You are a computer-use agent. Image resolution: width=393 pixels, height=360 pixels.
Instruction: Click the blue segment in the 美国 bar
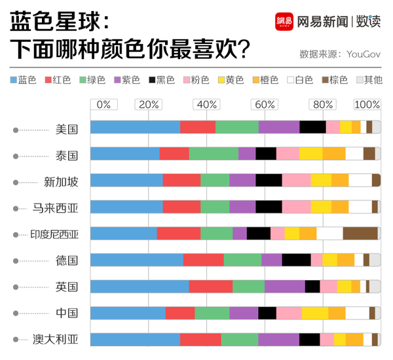click(135, 127)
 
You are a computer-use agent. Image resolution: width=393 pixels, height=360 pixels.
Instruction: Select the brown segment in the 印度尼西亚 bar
click(360, 233)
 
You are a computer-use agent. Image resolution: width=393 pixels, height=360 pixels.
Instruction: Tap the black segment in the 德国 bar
click(296, 260)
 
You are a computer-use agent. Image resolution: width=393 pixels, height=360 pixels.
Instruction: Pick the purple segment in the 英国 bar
click(284, 286)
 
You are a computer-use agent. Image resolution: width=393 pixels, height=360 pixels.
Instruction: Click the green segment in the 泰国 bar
click(214, 153)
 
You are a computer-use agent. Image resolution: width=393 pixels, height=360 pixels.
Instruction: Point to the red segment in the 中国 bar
click(180, 313)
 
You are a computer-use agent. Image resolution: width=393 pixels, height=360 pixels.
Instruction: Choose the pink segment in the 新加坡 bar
click(296, 180)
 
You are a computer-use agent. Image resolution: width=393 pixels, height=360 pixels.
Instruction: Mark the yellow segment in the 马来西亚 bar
click(321, 207)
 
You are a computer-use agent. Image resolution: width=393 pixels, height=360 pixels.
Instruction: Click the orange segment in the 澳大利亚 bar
click(354, 339)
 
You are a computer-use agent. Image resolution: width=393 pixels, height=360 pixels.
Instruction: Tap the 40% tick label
click(207, 105)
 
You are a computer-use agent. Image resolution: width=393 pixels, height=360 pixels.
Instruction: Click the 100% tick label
click(367, 105)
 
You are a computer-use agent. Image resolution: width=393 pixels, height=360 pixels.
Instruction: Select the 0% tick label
click(103, 105)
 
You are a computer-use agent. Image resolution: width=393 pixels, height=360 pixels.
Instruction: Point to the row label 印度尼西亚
click(54, 234)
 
